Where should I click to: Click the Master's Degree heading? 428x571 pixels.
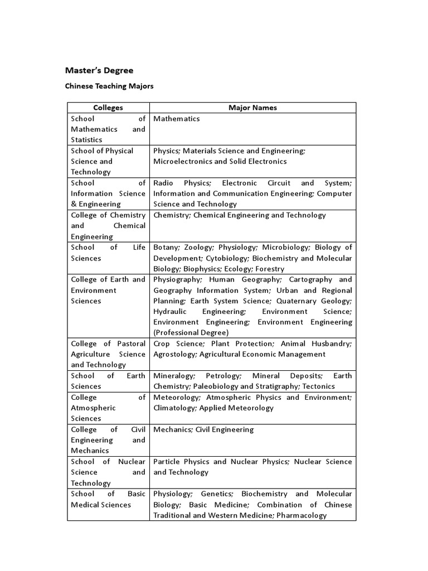(99, 70)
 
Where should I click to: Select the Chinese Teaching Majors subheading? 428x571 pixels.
(109, 86)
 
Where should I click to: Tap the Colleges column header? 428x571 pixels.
(108, 108)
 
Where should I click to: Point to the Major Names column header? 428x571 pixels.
(252, 108)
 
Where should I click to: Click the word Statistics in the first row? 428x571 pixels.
(86, 139)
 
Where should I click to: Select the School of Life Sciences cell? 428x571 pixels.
(108, 253)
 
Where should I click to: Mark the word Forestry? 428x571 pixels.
(270, 269)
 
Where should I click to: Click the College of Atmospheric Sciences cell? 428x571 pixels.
(108, 408)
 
